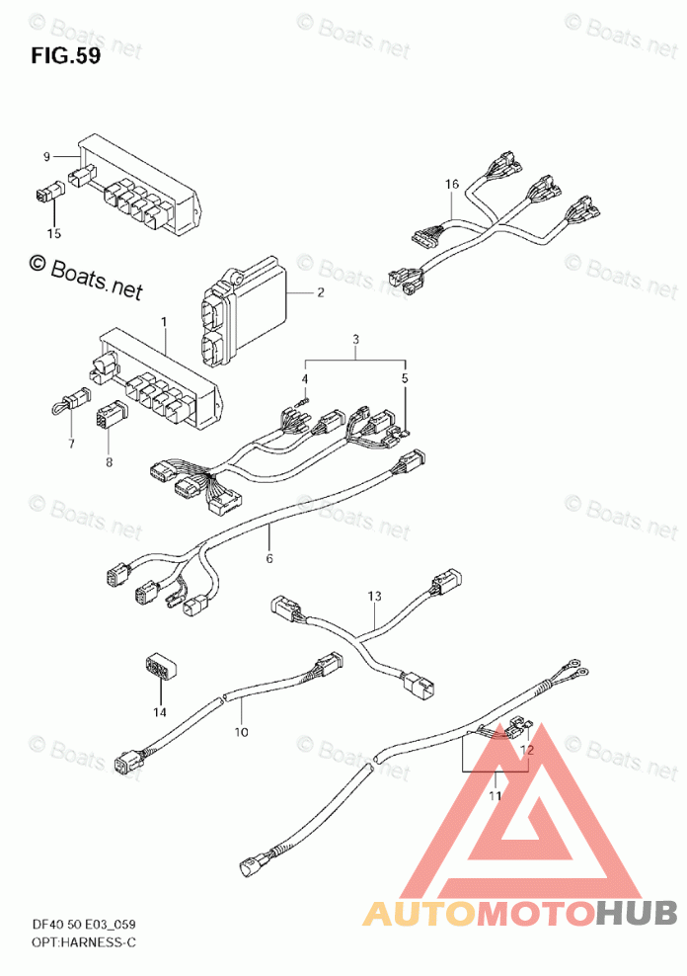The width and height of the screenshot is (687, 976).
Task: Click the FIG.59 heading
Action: (x=65, y=56)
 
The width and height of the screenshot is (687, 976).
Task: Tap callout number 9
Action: (x=46, y=157)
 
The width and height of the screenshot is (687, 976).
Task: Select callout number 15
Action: (x=54, y=233)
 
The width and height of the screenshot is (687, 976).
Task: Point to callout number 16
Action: (x=452, y=184)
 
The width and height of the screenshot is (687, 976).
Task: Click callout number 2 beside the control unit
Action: (x=320, y=292)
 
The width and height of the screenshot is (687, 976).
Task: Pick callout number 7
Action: (x=71, y=444)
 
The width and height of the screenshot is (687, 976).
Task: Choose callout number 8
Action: (x=109, y=462)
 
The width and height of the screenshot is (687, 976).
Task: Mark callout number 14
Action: (x=160, y=711)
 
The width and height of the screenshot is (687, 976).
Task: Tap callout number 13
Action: (x=374, y=596)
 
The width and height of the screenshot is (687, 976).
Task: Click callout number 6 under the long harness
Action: (x=269, y=558)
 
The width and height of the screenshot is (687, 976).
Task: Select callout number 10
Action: (x=241, y=732)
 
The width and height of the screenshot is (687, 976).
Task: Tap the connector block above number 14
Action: (x=161, y=669)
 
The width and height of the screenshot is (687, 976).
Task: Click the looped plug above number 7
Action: (x=70, y=401)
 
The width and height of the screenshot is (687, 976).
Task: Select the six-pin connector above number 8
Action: (x=111, y=413)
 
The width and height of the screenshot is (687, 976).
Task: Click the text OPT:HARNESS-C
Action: (x=83, y=942)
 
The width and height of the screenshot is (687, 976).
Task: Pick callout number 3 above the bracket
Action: (x=355, y=340)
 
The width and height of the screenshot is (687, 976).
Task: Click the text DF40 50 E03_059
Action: (x=83, y=925)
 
